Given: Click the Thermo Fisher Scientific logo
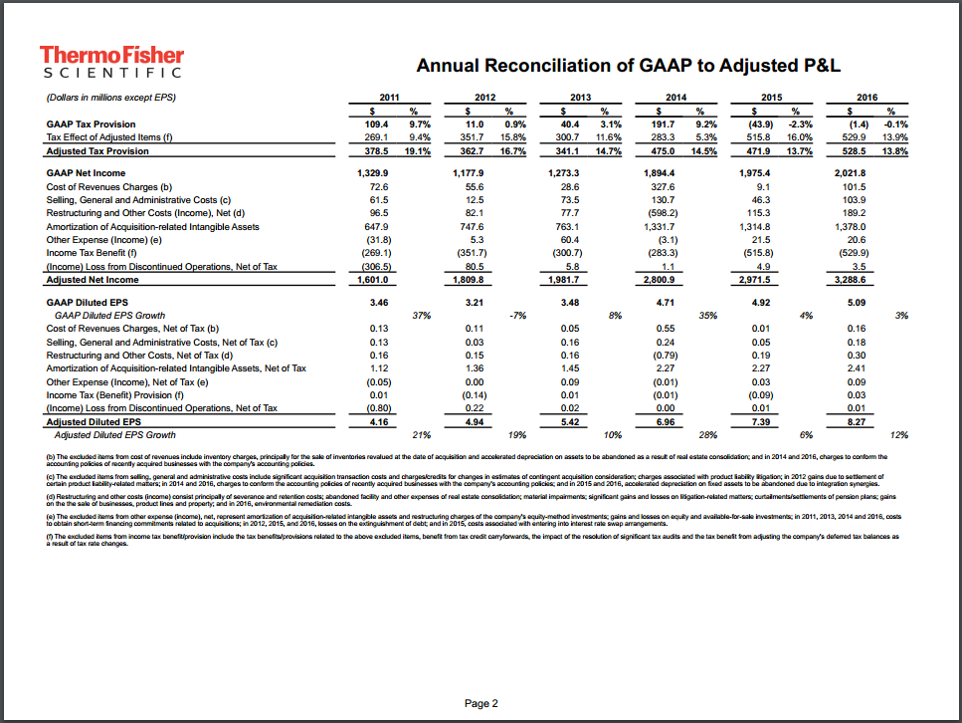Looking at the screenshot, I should [109, 61].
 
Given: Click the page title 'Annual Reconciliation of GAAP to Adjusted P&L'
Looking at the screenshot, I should [628, 66].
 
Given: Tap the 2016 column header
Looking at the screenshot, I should [867, 97].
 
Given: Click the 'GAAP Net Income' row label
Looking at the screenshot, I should [87, 172].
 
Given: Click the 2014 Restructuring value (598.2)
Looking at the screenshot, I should [666, 213].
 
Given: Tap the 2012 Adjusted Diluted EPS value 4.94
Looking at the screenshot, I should [475, 422].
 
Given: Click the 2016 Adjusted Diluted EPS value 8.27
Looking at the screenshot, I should [856, 422].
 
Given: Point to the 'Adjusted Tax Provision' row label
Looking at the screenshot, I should [97, 151].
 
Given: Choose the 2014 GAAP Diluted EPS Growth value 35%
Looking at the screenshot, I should [708, 315].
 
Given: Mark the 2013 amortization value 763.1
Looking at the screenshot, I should [570, 227].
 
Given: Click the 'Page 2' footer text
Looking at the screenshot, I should [481, 703].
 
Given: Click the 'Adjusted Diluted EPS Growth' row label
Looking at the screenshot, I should [114, 435].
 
